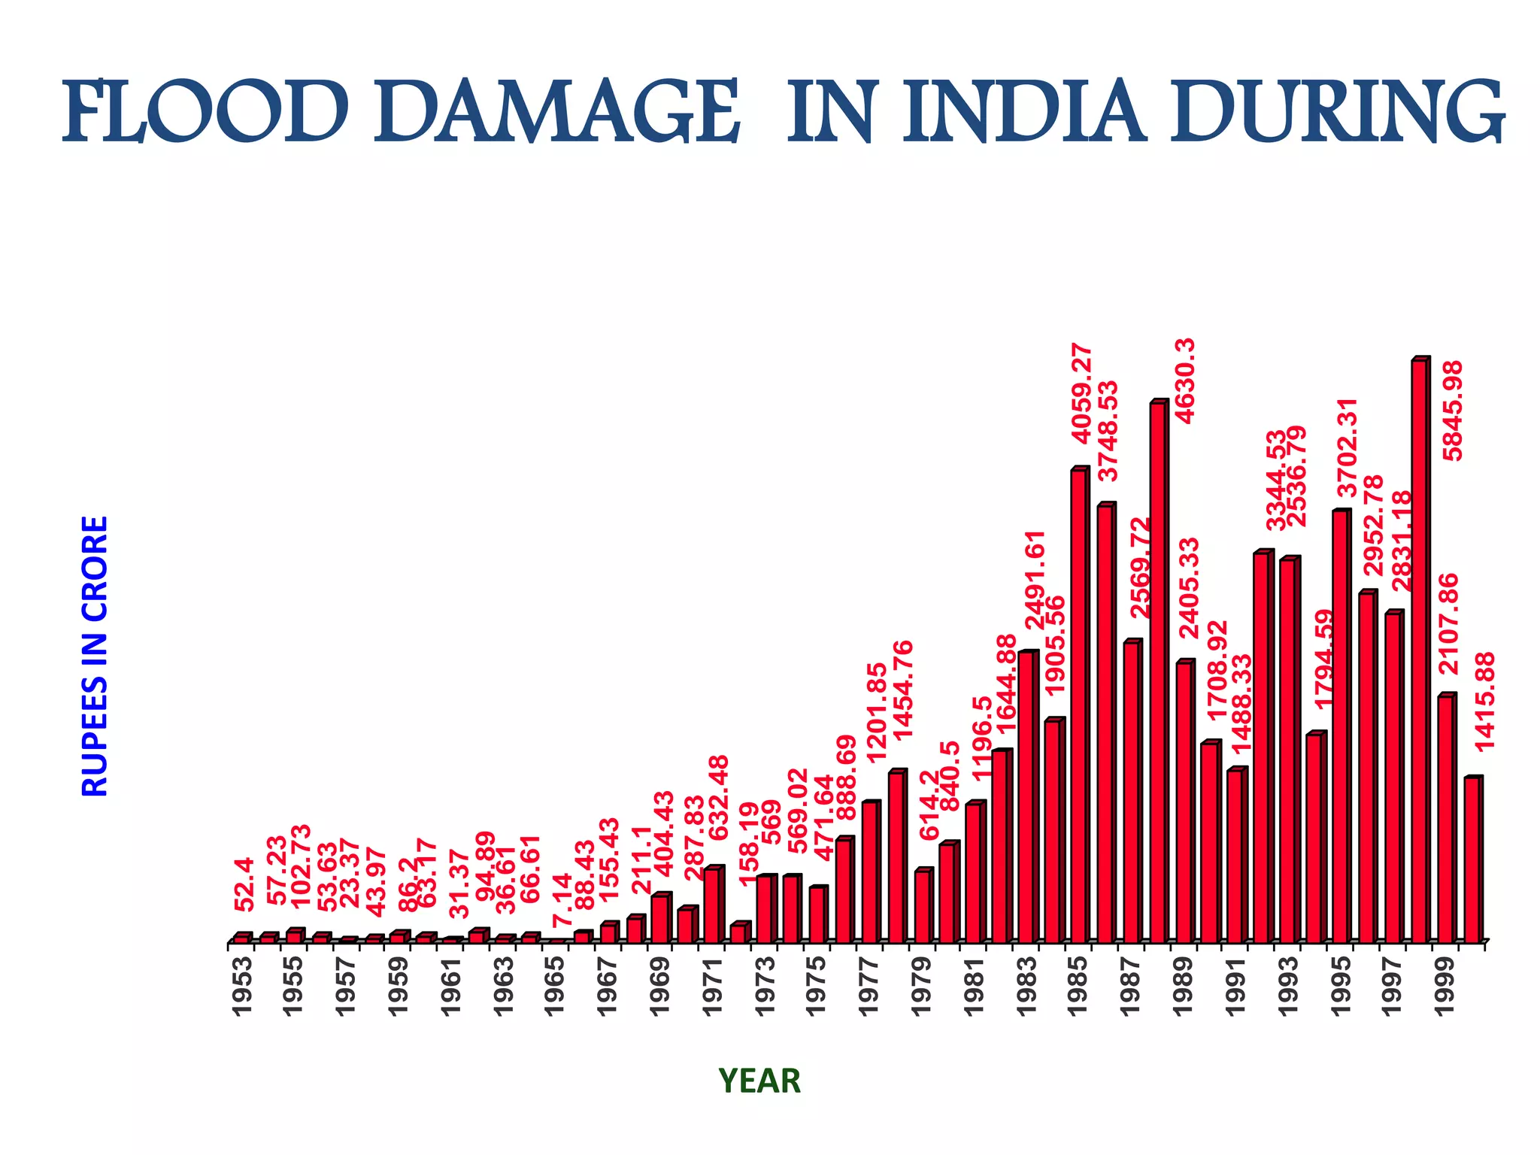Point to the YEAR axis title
point(759,1081)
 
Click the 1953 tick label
point(241,987)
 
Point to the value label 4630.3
point(1185,380)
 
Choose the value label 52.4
point(244,884)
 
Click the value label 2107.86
point(1448,623)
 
